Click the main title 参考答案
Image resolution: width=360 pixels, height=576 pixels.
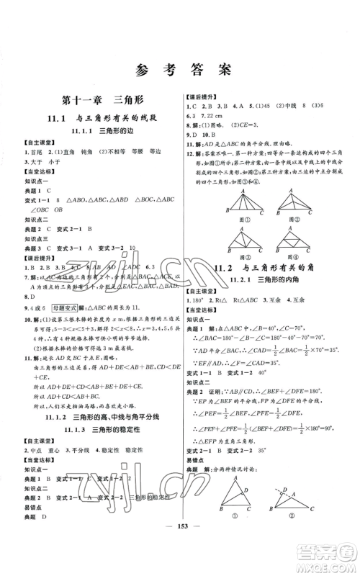tap(179, 69)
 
